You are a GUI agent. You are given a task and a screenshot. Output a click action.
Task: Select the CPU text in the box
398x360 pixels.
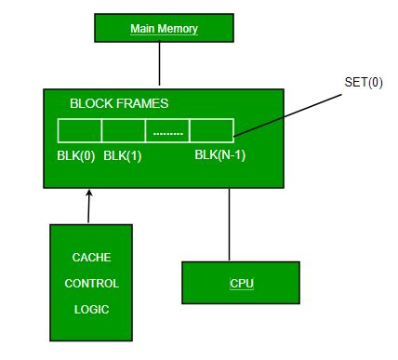(x=241, y=282)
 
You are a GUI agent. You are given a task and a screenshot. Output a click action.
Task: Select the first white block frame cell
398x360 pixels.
(x=79, y=129)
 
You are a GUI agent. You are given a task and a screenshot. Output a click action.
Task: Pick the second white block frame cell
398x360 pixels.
(x=123, y=129)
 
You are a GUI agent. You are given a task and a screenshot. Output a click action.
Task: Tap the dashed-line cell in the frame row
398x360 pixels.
(x=167, y=129)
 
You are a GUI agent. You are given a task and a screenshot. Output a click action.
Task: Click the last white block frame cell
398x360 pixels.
(x=211, y=129)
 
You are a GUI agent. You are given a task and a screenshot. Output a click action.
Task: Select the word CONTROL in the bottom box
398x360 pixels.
(x=90, y=283)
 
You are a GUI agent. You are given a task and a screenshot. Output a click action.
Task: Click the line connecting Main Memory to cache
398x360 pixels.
(x=160, y=65)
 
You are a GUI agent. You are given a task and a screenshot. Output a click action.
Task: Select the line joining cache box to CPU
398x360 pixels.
(x=228, y=224)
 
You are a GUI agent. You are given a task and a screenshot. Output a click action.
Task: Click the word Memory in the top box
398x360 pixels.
(x=178, y=29)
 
